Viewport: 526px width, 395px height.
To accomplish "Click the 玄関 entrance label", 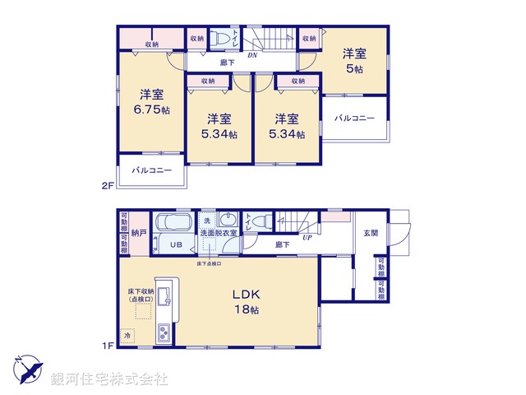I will click(x=371, y=233).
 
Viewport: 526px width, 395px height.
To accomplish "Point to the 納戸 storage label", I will click(x=139, y=234).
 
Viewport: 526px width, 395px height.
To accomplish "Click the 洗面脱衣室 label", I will click(x=218, y=234).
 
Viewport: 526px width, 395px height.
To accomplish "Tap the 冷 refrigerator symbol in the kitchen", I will click(x=127, y=336).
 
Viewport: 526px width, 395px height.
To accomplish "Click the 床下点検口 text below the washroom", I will click(x=209, y=263).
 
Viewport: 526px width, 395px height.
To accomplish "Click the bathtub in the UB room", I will click(x=173, y=225).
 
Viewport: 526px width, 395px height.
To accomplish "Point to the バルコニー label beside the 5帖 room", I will click(x=354, y=118).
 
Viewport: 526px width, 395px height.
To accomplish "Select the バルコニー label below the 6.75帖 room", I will click(x=151, y=170).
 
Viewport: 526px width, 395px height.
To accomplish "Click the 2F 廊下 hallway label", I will click(x=229, y=63).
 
